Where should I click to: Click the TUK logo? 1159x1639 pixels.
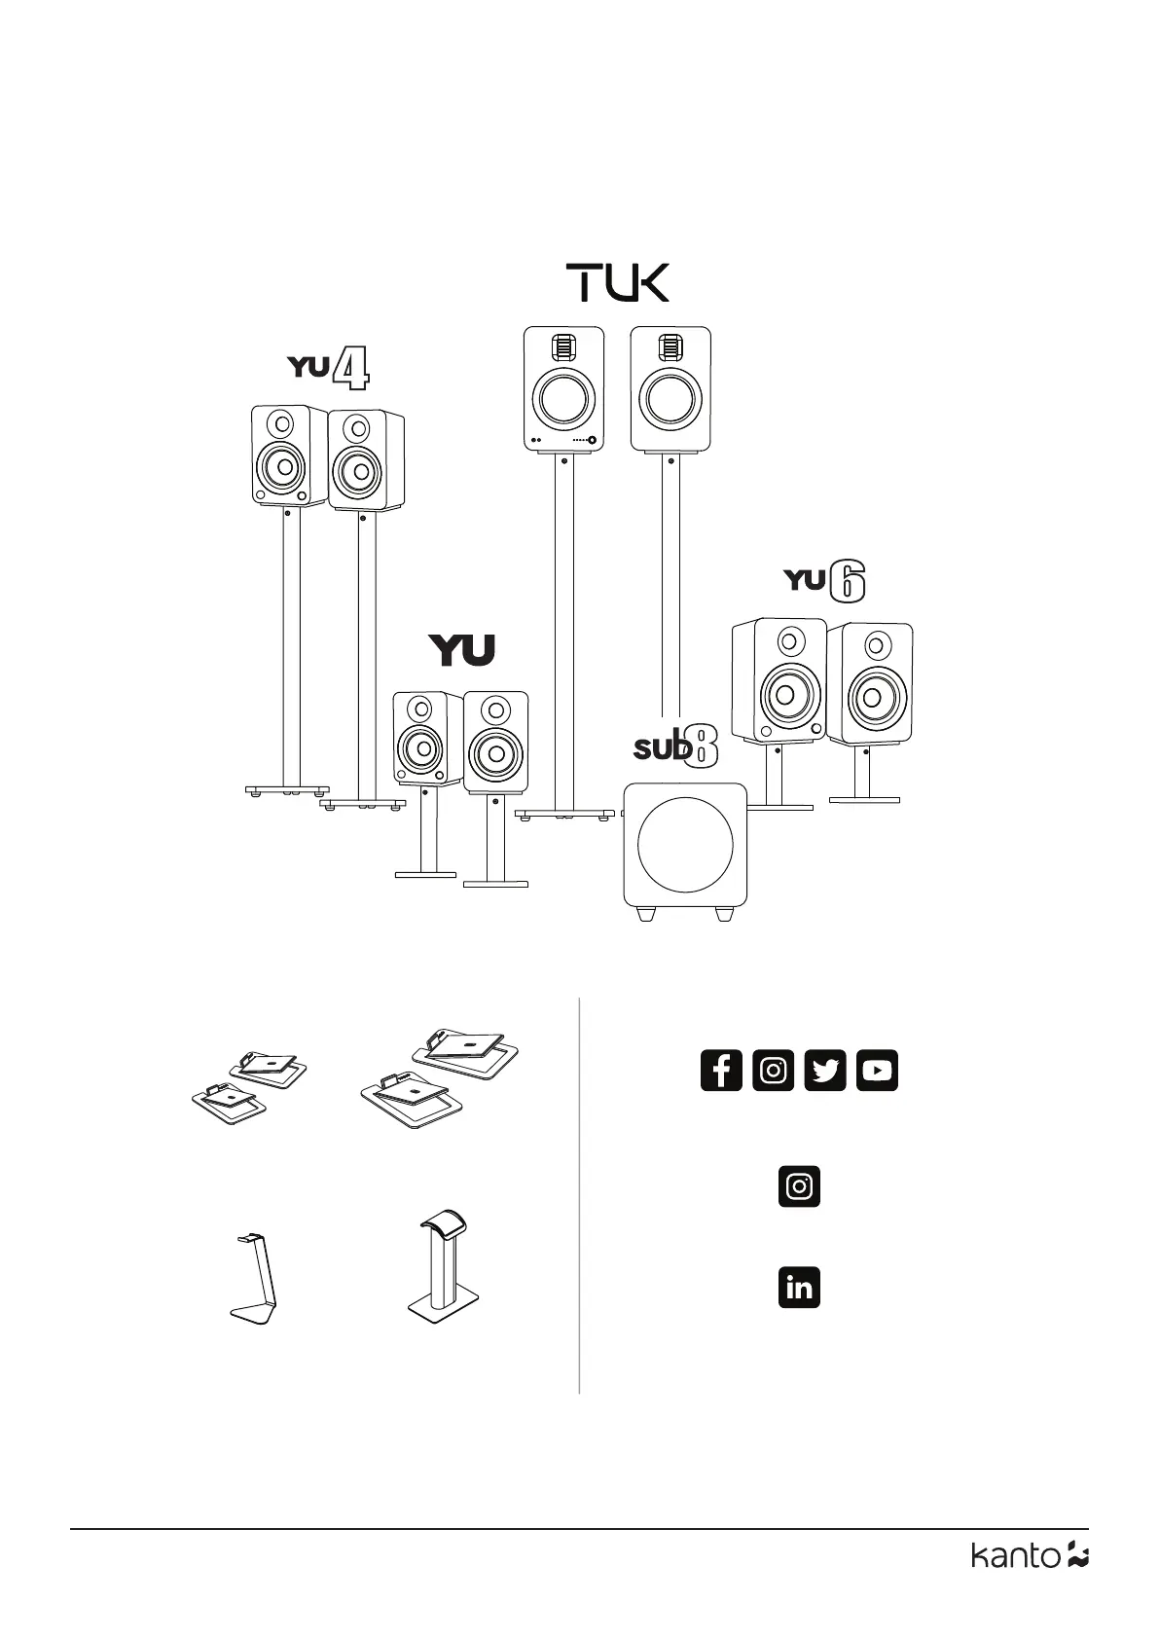click(x=618, y=282)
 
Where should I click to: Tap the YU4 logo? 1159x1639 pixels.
click(x=328, y=370)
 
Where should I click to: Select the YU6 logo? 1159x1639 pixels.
click(x=824, y=581)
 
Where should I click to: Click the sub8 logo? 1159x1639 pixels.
click(x=675, y=747)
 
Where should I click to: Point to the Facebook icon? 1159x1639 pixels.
click(x=721, y=1071)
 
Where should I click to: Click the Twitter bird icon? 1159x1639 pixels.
click(x=825, y=1071)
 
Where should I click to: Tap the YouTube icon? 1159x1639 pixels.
click(x=877, y=1071)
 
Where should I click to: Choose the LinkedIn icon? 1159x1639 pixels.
click(x=799, y=1287)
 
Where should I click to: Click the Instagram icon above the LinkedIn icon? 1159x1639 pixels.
click(x=799, y=1186)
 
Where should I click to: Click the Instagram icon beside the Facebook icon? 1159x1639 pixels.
click(x=773, y=1071)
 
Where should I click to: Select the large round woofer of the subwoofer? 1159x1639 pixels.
click(x=685, y=844)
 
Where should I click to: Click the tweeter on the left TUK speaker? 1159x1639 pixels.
click(x=563, y=347)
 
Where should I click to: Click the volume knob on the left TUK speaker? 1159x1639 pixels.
click(x=592, y=441)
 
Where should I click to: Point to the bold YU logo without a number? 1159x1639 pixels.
click(x=462, y=650)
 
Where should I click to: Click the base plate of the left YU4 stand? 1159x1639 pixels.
click(x=287, y=790)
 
